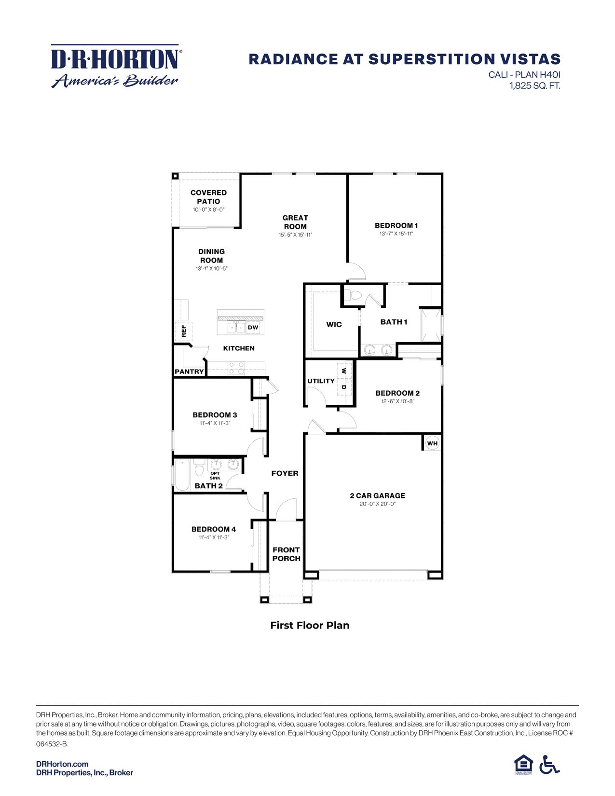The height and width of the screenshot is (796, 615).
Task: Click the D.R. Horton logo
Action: point(115,66)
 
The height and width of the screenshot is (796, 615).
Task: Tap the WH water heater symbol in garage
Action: point(432,443)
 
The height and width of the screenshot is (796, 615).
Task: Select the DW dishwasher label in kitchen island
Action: point(253,328)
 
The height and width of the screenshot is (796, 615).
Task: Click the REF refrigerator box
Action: point(183,331)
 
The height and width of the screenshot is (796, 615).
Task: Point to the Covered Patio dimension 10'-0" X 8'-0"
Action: point(208,210)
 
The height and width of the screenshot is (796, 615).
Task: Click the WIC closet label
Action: point(334,325)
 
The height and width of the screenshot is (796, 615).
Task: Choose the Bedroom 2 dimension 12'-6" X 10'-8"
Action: point(397,401)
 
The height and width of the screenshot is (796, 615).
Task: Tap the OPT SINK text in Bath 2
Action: point(215,476)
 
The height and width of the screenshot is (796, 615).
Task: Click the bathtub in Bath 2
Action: point(183,475)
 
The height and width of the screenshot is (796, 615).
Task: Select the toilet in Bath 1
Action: point(355,296)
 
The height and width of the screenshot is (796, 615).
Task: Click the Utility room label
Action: point(321,381)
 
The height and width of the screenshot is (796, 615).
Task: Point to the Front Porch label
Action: point(286,554)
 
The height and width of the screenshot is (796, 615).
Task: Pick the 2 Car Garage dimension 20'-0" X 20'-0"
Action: point(377,504)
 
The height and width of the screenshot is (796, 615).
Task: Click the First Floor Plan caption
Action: point(310,625)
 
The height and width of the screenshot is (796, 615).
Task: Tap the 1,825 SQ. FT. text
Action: point(534,86)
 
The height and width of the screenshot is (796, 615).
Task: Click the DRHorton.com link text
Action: point(62,764)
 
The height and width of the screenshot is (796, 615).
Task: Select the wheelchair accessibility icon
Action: point(549,765)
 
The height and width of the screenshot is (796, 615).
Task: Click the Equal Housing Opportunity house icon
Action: point(523,764)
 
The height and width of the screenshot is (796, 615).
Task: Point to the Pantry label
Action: point(189,371)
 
